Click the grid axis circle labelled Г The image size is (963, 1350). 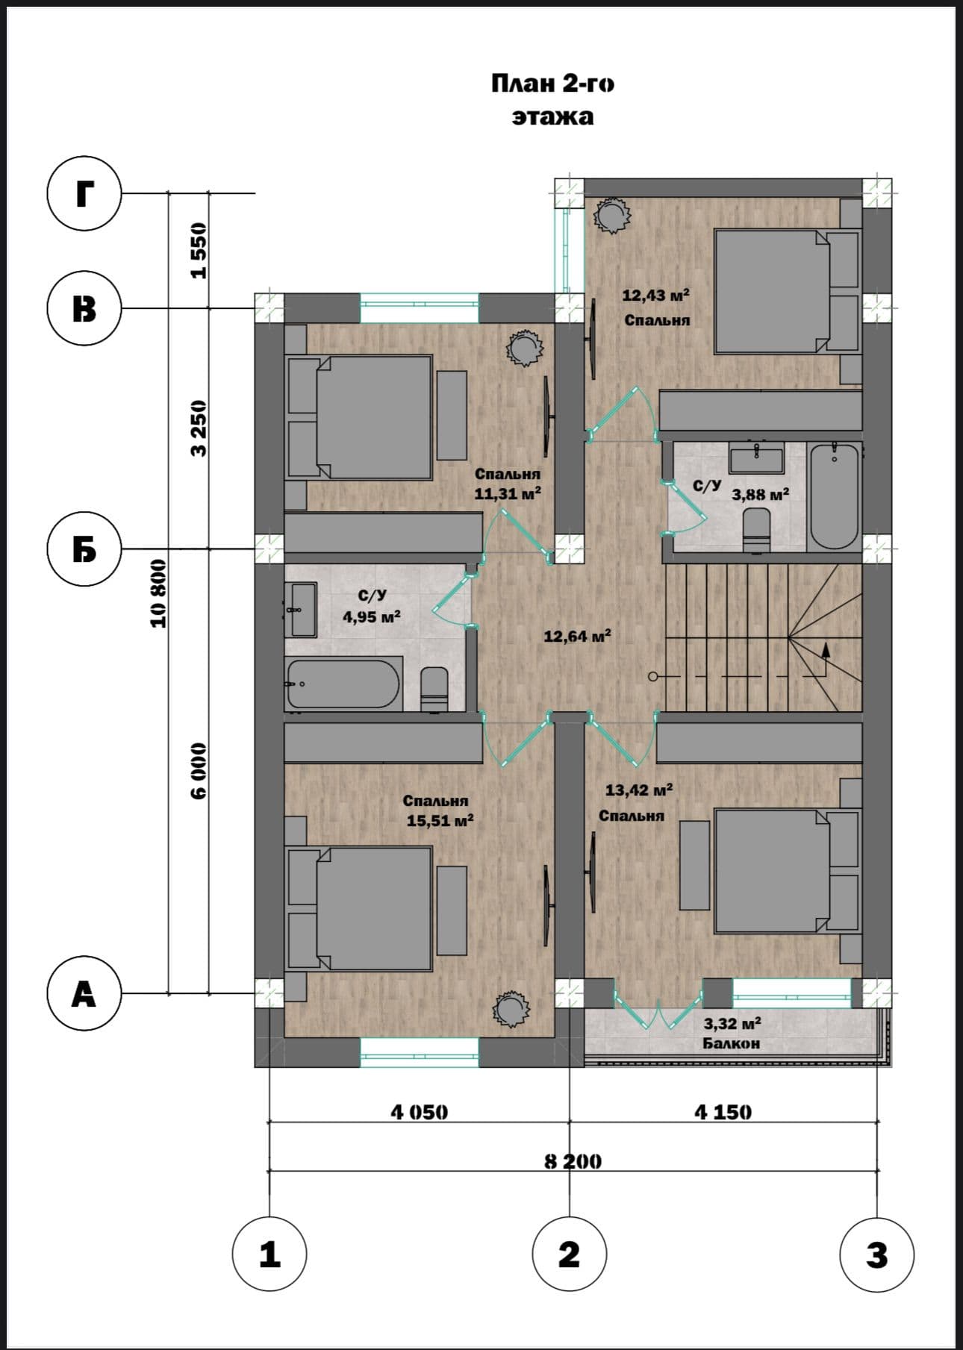(x=84, y=194)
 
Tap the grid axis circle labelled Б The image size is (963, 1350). (x=84, y=550)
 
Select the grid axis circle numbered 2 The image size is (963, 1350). (x=569, y=1254)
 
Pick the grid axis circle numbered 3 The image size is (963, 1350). (x=876, y=1254)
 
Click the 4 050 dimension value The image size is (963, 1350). (x=420, y=1112)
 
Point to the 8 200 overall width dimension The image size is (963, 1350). (x=573, y=1161)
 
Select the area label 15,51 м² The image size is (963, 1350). (x=440, y=821)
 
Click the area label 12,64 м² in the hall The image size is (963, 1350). (x=578, y=636)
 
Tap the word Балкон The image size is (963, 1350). (x=731, y=1043)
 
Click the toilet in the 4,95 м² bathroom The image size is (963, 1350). (x=434, y=689)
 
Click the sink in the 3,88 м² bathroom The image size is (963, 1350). (x=757, y=457)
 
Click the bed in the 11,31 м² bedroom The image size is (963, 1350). (x=360, y=417)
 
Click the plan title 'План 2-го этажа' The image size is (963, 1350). (x=552, y=100)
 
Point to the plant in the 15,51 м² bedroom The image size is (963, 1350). (x=513, y=1007)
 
